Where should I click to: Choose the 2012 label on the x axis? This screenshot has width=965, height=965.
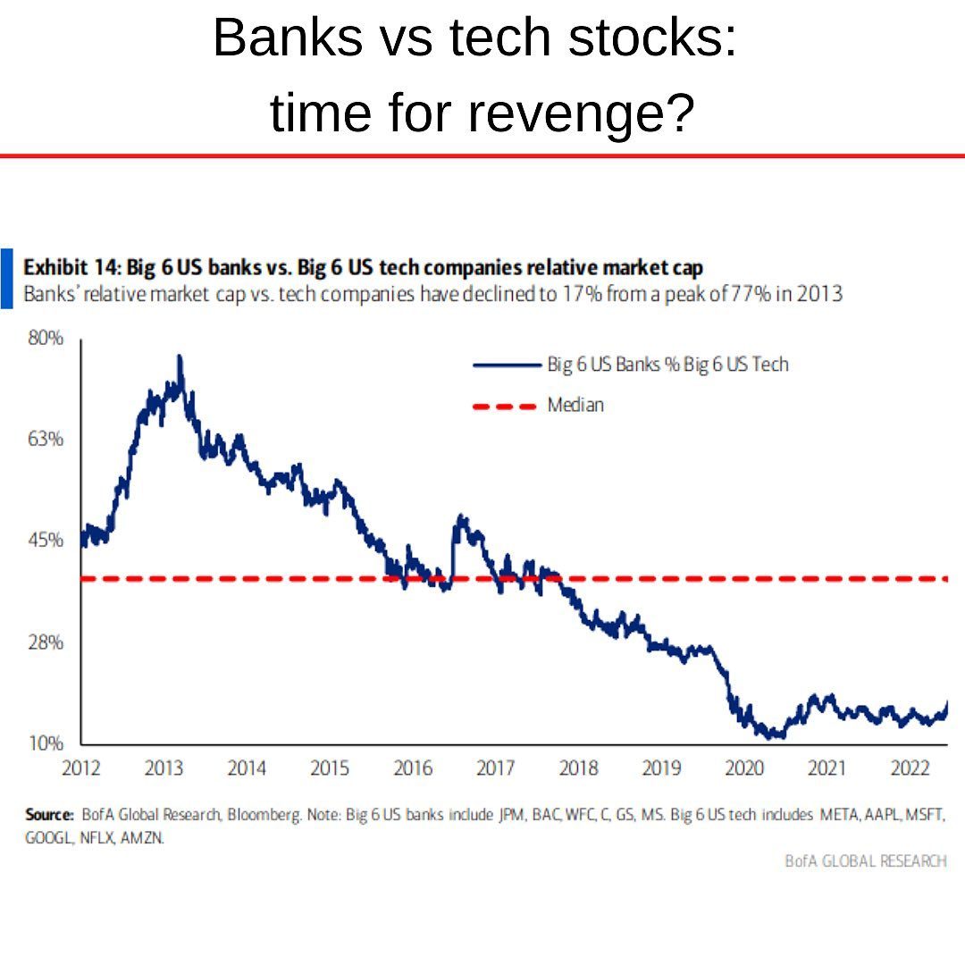point(81,768)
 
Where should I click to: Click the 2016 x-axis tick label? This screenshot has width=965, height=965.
point(413,768)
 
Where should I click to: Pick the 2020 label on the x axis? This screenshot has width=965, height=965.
point(744,768)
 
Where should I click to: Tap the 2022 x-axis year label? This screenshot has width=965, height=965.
point(910,768)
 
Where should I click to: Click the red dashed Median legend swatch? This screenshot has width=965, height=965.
point(503,406)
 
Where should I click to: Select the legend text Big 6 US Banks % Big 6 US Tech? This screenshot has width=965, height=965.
point(667,365)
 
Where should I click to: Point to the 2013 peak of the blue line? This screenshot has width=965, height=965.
point(180,357)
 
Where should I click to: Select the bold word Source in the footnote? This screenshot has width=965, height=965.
point(48,815)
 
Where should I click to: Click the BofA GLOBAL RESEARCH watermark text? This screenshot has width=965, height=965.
point(865,860)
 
